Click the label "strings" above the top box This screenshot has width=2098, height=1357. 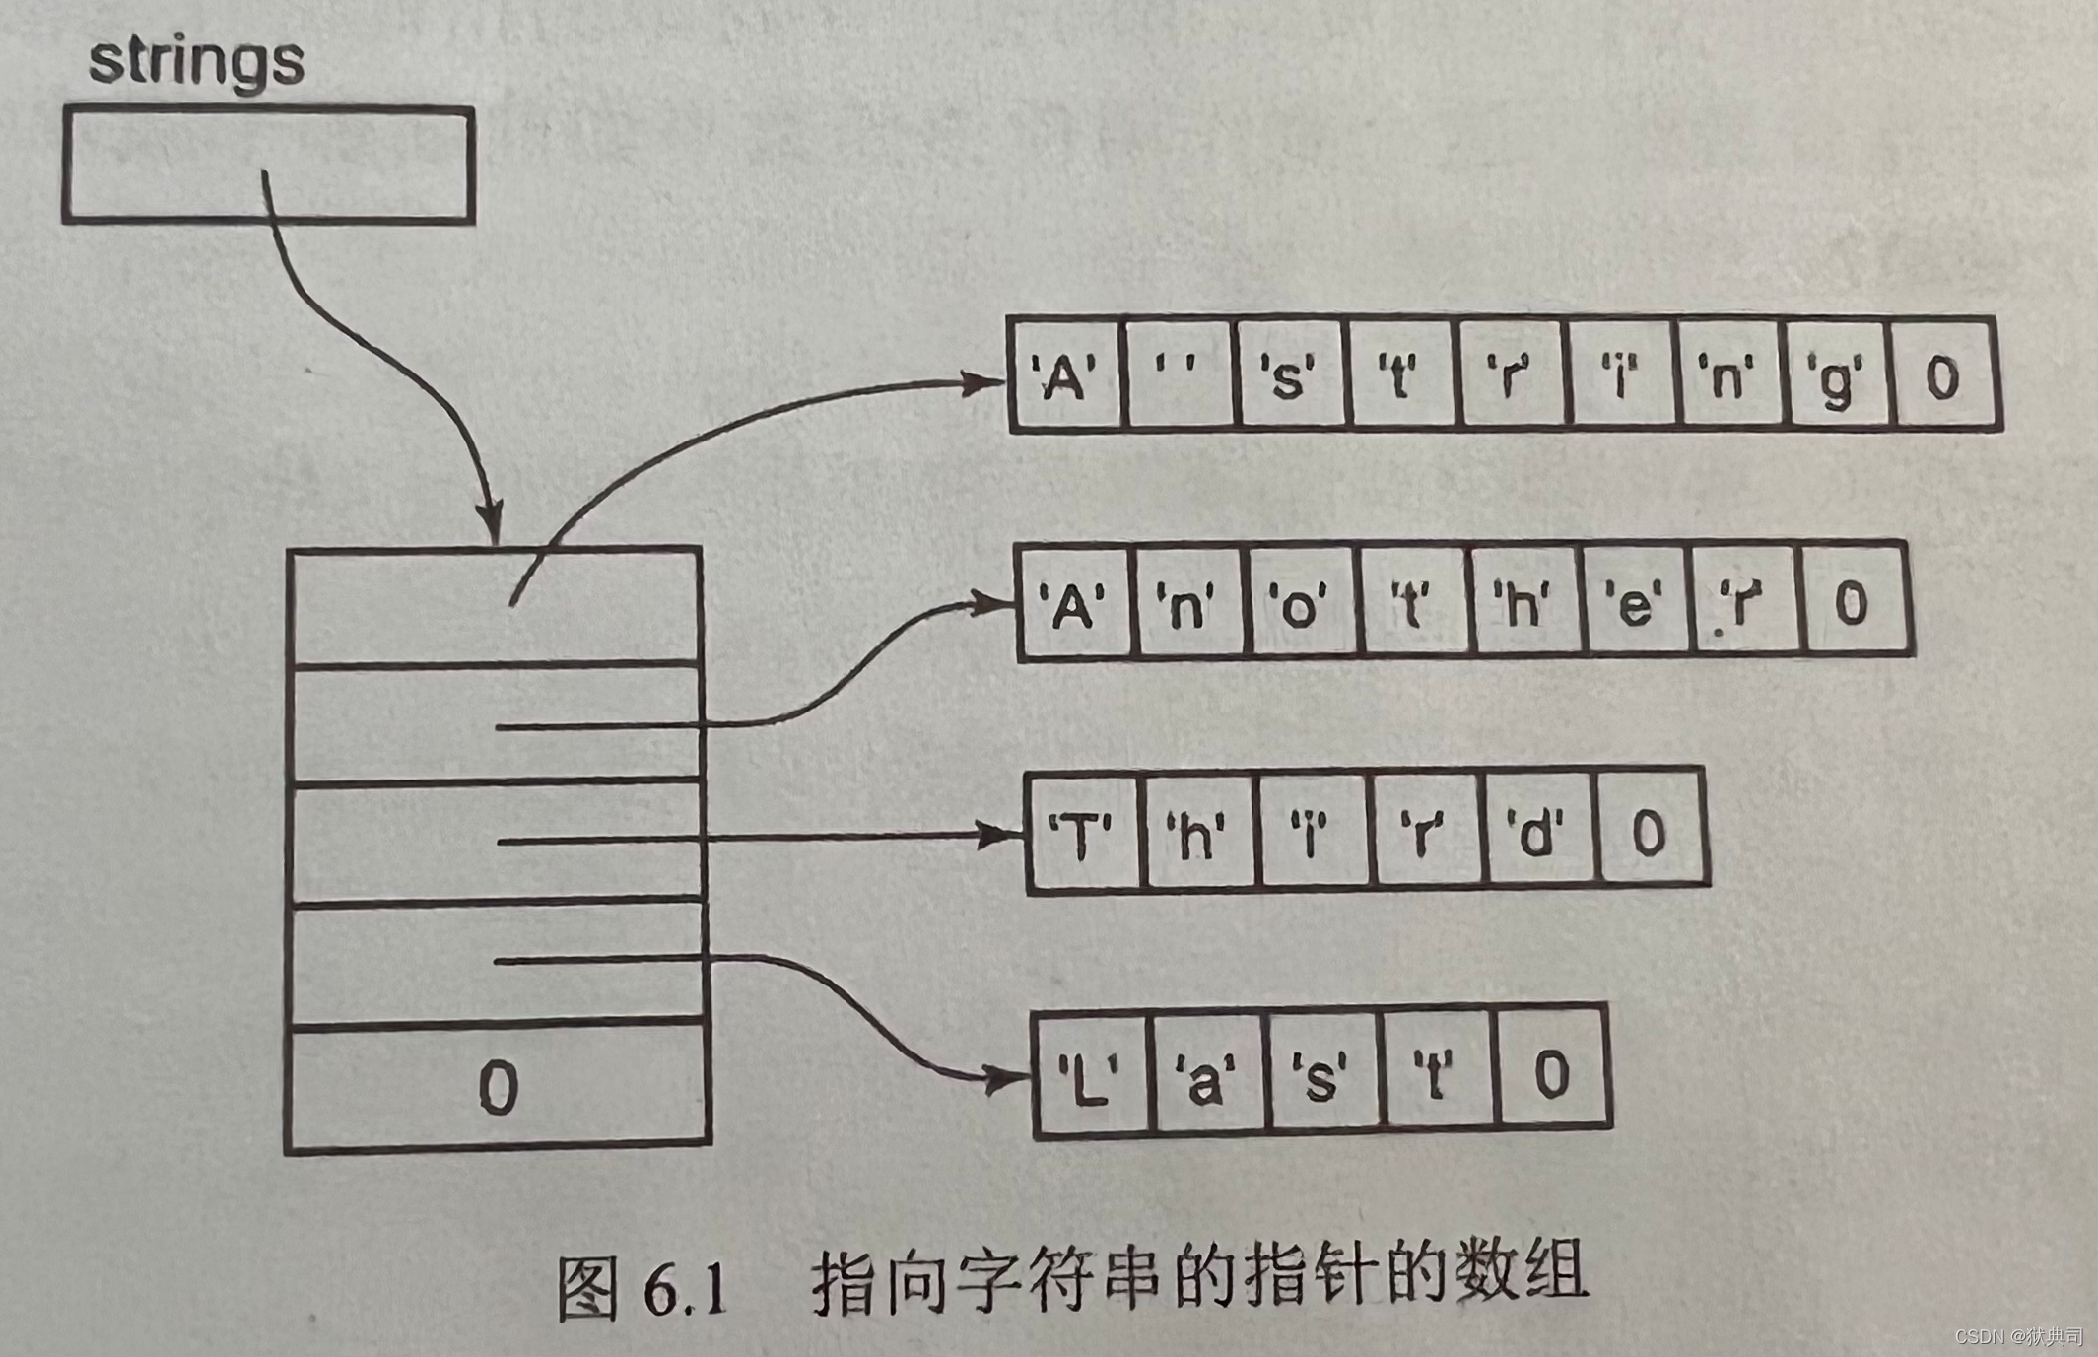pos(196,61)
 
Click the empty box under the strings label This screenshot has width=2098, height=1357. pos(268,165)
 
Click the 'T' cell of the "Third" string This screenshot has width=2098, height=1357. pos(1082,834)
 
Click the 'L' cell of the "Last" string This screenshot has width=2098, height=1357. pos(1089,1074)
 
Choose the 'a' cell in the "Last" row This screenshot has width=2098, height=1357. pos(1206,1074)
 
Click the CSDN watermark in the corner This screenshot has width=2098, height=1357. pos(2017,1335)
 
